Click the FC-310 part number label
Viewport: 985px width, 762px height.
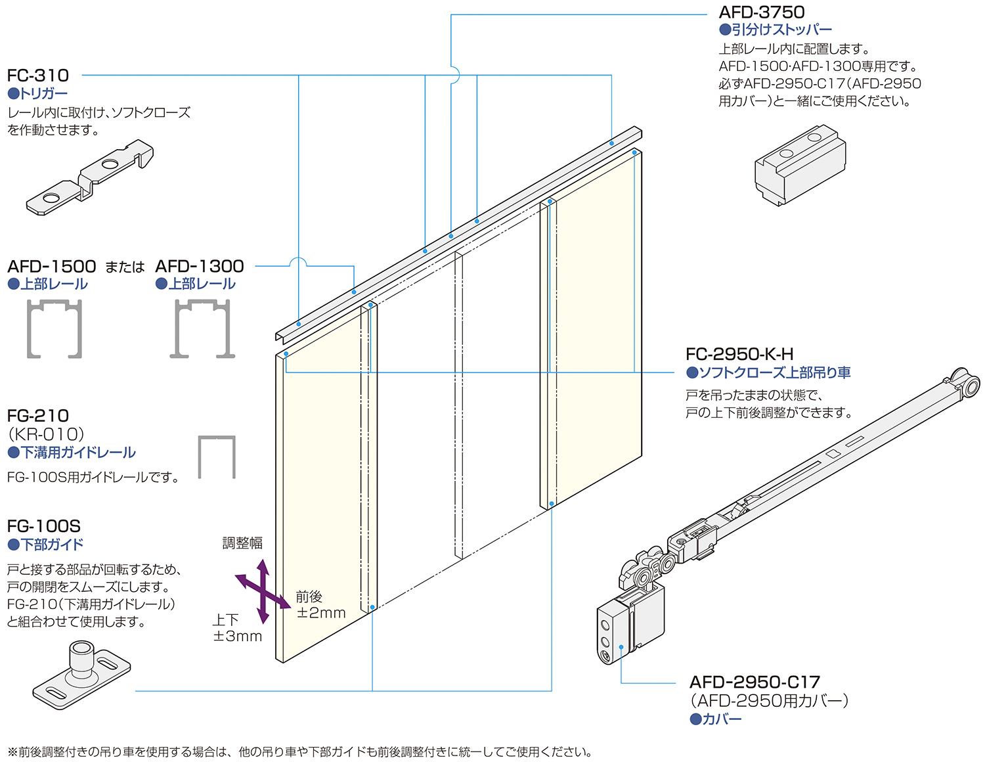(x=38, y=76)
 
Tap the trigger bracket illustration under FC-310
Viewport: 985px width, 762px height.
(x=91, y=177)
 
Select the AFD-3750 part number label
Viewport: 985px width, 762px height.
(x=761, y=12)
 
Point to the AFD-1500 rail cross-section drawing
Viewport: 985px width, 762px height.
(x=55, y=328)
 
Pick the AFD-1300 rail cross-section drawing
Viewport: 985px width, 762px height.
(x=202, y=328)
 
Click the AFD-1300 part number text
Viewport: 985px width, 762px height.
(x=200, y=266)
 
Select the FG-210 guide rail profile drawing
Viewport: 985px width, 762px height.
(x=217, y=457)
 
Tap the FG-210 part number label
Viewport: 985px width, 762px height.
(x=38, y=416)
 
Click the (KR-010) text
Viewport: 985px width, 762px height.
(x=46, y=434)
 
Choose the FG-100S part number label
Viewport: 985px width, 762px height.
(x=44, y=526)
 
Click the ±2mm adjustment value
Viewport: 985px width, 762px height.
(x=321, y=613)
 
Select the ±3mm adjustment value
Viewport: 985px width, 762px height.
(x=238, y=636)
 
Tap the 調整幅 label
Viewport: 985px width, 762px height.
(x=242, y=543)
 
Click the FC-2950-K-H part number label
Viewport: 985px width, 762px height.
(x=739, y=355)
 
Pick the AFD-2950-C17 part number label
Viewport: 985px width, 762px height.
(x=755, y=682)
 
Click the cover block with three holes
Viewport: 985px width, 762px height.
(x=614, y=634)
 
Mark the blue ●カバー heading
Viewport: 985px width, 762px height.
(x=716, y=719)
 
